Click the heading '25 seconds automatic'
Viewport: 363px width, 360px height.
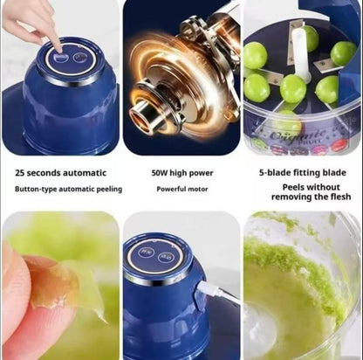pyautogui.click(x=60, y=172)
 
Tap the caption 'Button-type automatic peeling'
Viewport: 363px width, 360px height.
pyautogui.click(x=68, y=189)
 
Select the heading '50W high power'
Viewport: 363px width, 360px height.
pyautogui.click(x=181, y=172)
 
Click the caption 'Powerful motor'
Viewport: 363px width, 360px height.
pyautogui.click(x=181, y=189)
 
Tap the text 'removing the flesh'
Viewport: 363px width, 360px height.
pyautogui.click(x=302, y=198)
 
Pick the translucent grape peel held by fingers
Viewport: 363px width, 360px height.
pyautogui.click(x=70, y=287)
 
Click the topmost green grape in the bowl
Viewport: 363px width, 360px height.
pyautogui.click(x=310, y=37)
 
